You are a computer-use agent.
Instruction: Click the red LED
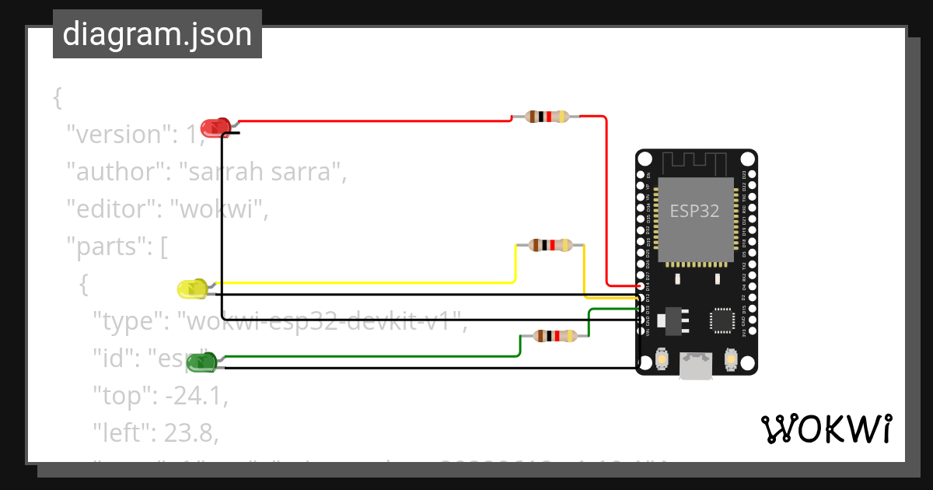click(x=215, y=127)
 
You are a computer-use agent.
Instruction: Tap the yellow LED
click(x=192, y=289)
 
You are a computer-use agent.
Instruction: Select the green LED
click(x=201, y=362)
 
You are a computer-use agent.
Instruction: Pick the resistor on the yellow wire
click(x=550, y=245)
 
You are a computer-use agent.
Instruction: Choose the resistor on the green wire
click(x=555, y=336)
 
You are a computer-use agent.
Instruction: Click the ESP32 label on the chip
click(x=694, y=211)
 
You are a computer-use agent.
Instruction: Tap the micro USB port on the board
click(x=696, y=366)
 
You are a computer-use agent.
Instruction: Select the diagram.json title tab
click(x=157, y=35)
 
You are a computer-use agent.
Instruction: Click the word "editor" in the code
click(x=110, y=209)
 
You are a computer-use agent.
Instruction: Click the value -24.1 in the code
click(x=194, y=396)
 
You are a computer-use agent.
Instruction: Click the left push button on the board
click(x=662, y=359)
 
